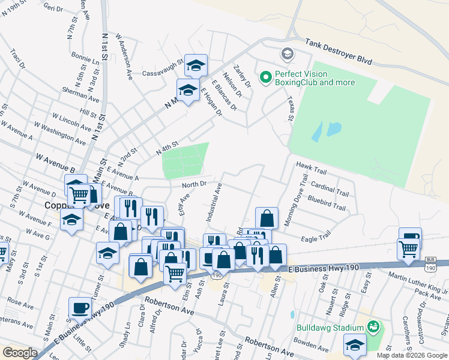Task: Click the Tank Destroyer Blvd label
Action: (339, 52)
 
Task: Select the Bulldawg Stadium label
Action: (331, 328)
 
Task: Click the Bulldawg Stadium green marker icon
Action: (373, 327)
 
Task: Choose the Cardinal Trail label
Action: (330, 189)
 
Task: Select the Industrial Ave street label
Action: (218, 198)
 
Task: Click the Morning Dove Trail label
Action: (295, 201)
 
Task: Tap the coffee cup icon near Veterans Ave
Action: (80, 309)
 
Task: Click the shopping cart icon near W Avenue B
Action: (79, 194)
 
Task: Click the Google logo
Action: (20, 353)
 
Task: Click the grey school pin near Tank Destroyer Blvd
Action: (287, 55)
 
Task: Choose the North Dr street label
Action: (194, 184)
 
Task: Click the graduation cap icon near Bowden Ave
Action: (355, 346)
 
